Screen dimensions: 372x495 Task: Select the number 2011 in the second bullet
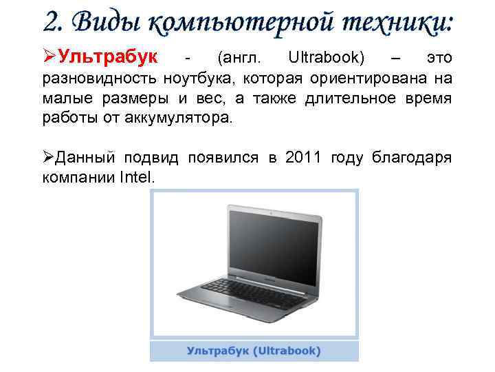click(303, 158)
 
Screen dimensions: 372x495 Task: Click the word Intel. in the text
click(137, 177)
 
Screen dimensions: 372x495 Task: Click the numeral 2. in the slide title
click(53, 23)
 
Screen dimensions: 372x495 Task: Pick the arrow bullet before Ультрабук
click(49, 54)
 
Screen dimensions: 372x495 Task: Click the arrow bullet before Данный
click(49, 158)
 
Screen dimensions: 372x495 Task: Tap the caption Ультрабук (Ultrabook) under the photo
click(254, 351)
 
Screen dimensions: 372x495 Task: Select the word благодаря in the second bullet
click(411, 158)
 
